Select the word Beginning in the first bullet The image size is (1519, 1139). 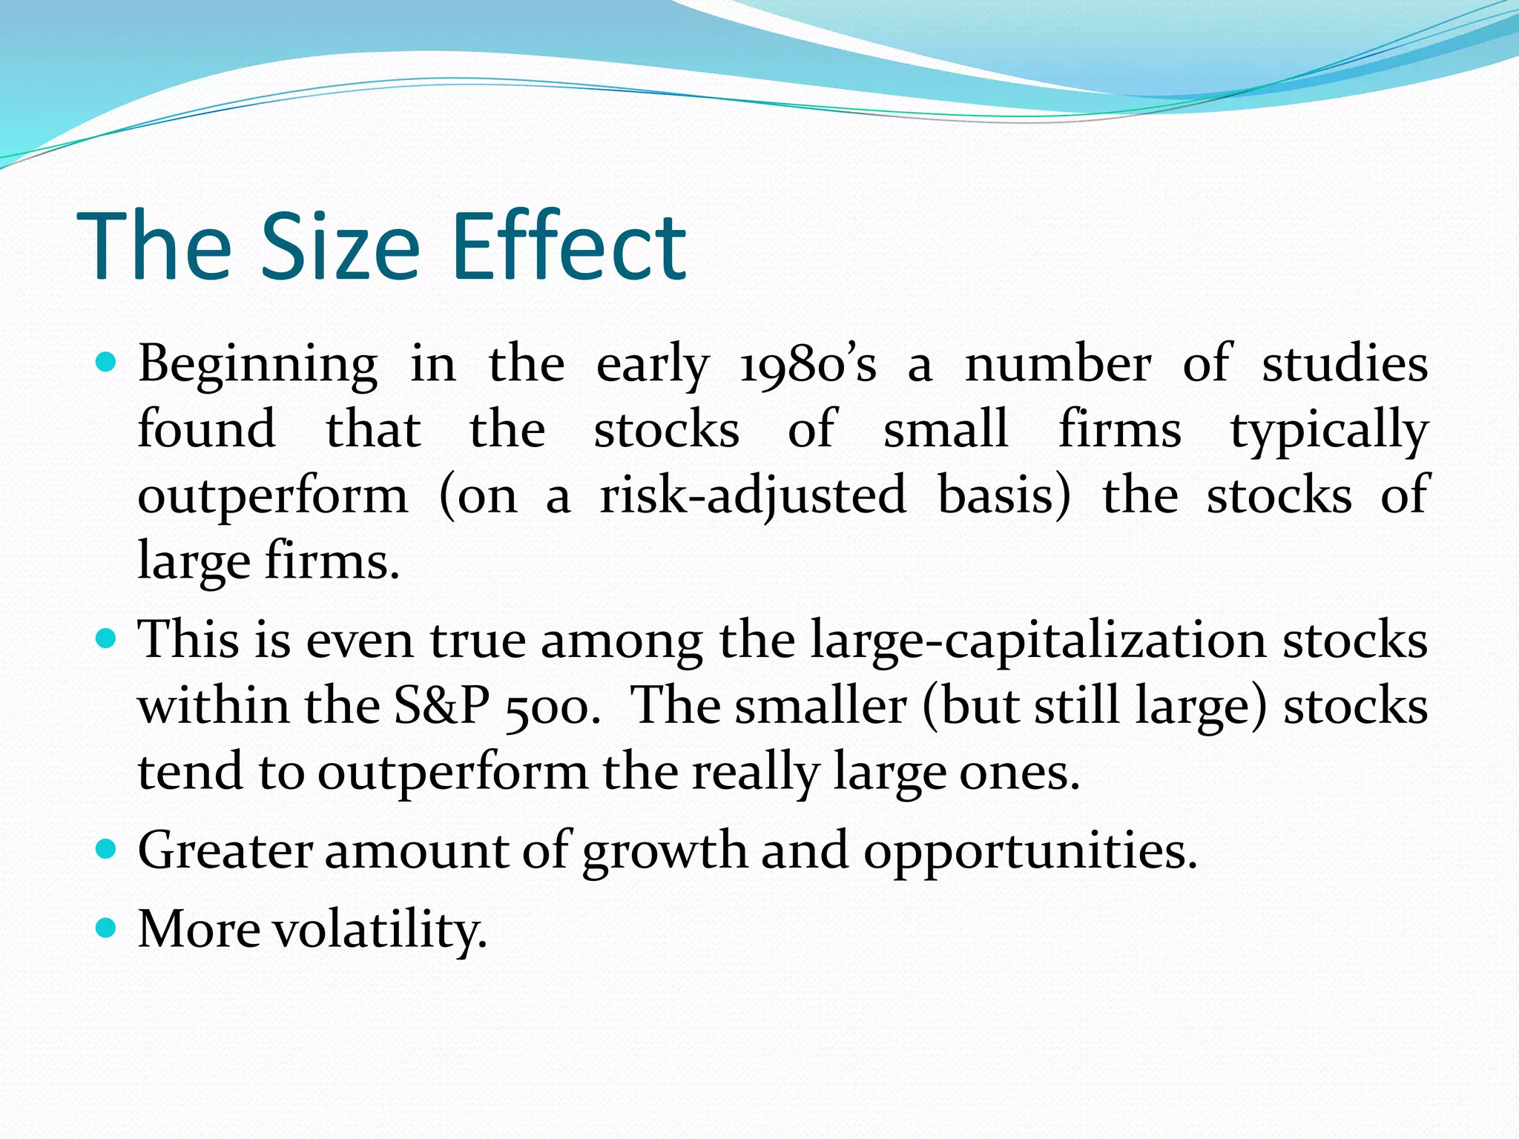tap(257, 366)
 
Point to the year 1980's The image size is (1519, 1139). tap(808, 366)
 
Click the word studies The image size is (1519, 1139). tap(1345, 364)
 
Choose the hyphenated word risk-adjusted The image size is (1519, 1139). tap(753, 496)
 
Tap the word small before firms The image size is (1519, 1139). tap(946, 429)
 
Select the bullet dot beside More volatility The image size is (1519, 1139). tap(107, 927)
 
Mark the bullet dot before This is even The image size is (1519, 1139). tap(107, 638)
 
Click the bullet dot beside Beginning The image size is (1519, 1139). tap(107, 363)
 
